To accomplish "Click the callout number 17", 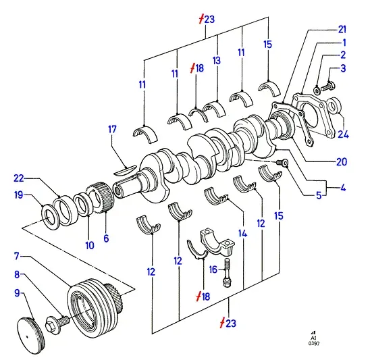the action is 112,130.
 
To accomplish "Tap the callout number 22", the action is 19,178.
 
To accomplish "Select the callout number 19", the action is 19,195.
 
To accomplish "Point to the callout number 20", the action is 342,162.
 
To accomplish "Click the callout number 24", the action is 344,134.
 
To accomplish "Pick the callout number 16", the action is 213,269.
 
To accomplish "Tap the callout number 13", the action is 217,60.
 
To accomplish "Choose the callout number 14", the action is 243,234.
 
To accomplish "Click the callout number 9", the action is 18,293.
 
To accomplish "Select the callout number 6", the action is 106,238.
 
